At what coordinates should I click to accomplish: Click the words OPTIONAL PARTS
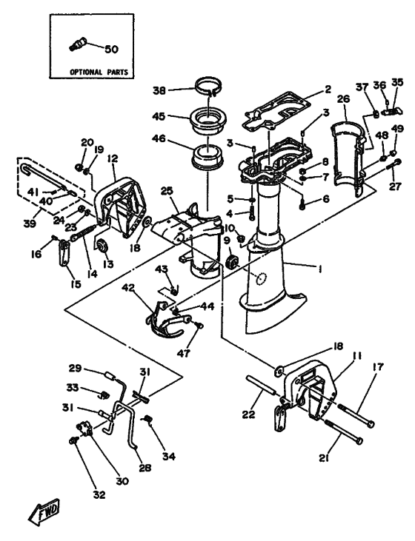[97, 73]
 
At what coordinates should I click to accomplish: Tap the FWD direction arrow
[45, 509]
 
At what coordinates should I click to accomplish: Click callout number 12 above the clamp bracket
[113, 158]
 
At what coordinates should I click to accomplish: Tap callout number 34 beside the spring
[170, 457]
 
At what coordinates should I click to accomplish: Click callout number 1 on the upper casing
[319, 270]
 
